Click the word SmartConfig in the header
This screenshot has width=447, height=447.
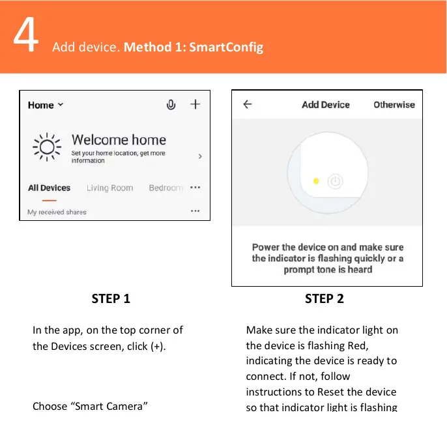click(226, 48)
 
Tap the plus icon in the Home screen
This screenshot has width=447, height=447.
click(195, 104)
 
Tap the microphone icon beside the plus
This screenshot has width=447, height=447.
click(171, 104)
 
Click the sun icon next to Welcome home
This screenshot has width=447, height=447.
click(47, 147)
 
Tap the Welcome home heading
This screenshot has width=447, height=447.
click(119, 140)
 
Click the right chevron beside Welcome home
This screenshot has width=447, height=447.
click(199, 157)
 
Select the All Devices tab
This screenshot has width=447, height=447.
click(49, 188)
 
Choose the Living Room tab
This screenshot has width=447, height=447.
click(109, 188)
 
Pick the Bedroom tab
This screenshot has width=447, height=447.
click(166, 188)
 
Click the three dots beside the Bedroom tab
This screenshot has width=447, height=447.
click(195, 188)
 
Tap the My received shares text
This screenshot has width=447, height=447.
click(57, 212)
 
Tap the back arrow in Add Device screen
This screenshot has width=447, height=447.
click(247, 104)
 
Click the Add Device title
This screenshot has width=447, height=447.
click(326, 104)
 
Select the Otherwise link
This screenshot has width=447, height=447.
click(394, 104)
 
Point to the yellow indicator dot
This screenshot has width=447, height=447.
click(316, 181)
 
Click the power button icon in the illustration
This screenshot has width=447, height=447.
click(335, 181)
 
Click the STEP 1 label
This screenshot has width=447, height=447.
click(111, 298)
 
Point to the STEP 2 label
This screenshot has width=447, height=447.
click(324, 298)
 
